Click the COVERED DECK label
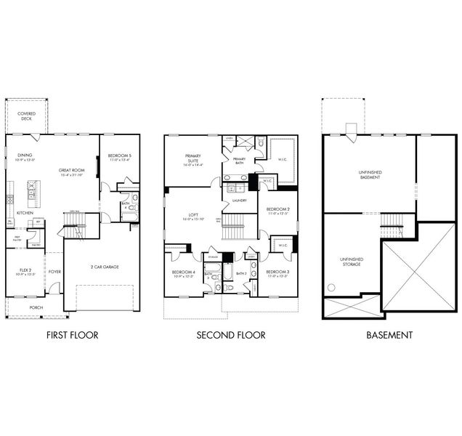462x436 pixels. tap(27, 116)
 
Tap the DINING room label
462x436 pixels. tap(25, 155)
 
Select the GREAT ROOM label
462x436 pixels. tap(73, 170)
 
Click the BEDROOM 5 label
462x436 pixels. tap(120, 156)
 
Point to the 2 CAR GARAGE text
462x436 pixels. tap(105, 267)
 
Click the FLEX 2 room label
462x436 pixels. tap(24, 270)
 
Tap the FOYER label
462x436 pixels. tap(55, 273)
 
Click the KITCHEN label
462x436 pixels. tap(25, 213)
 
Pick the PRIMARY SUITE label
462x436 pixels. tap(193, 158)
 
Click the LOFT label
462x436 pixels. tap(194, 214)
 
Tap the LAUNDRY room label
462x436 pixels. tap(240, 201)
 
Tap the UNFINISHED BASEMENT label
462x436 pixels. tap(370, 174)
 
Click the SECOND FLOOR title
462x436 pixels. tap(230, 335)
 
